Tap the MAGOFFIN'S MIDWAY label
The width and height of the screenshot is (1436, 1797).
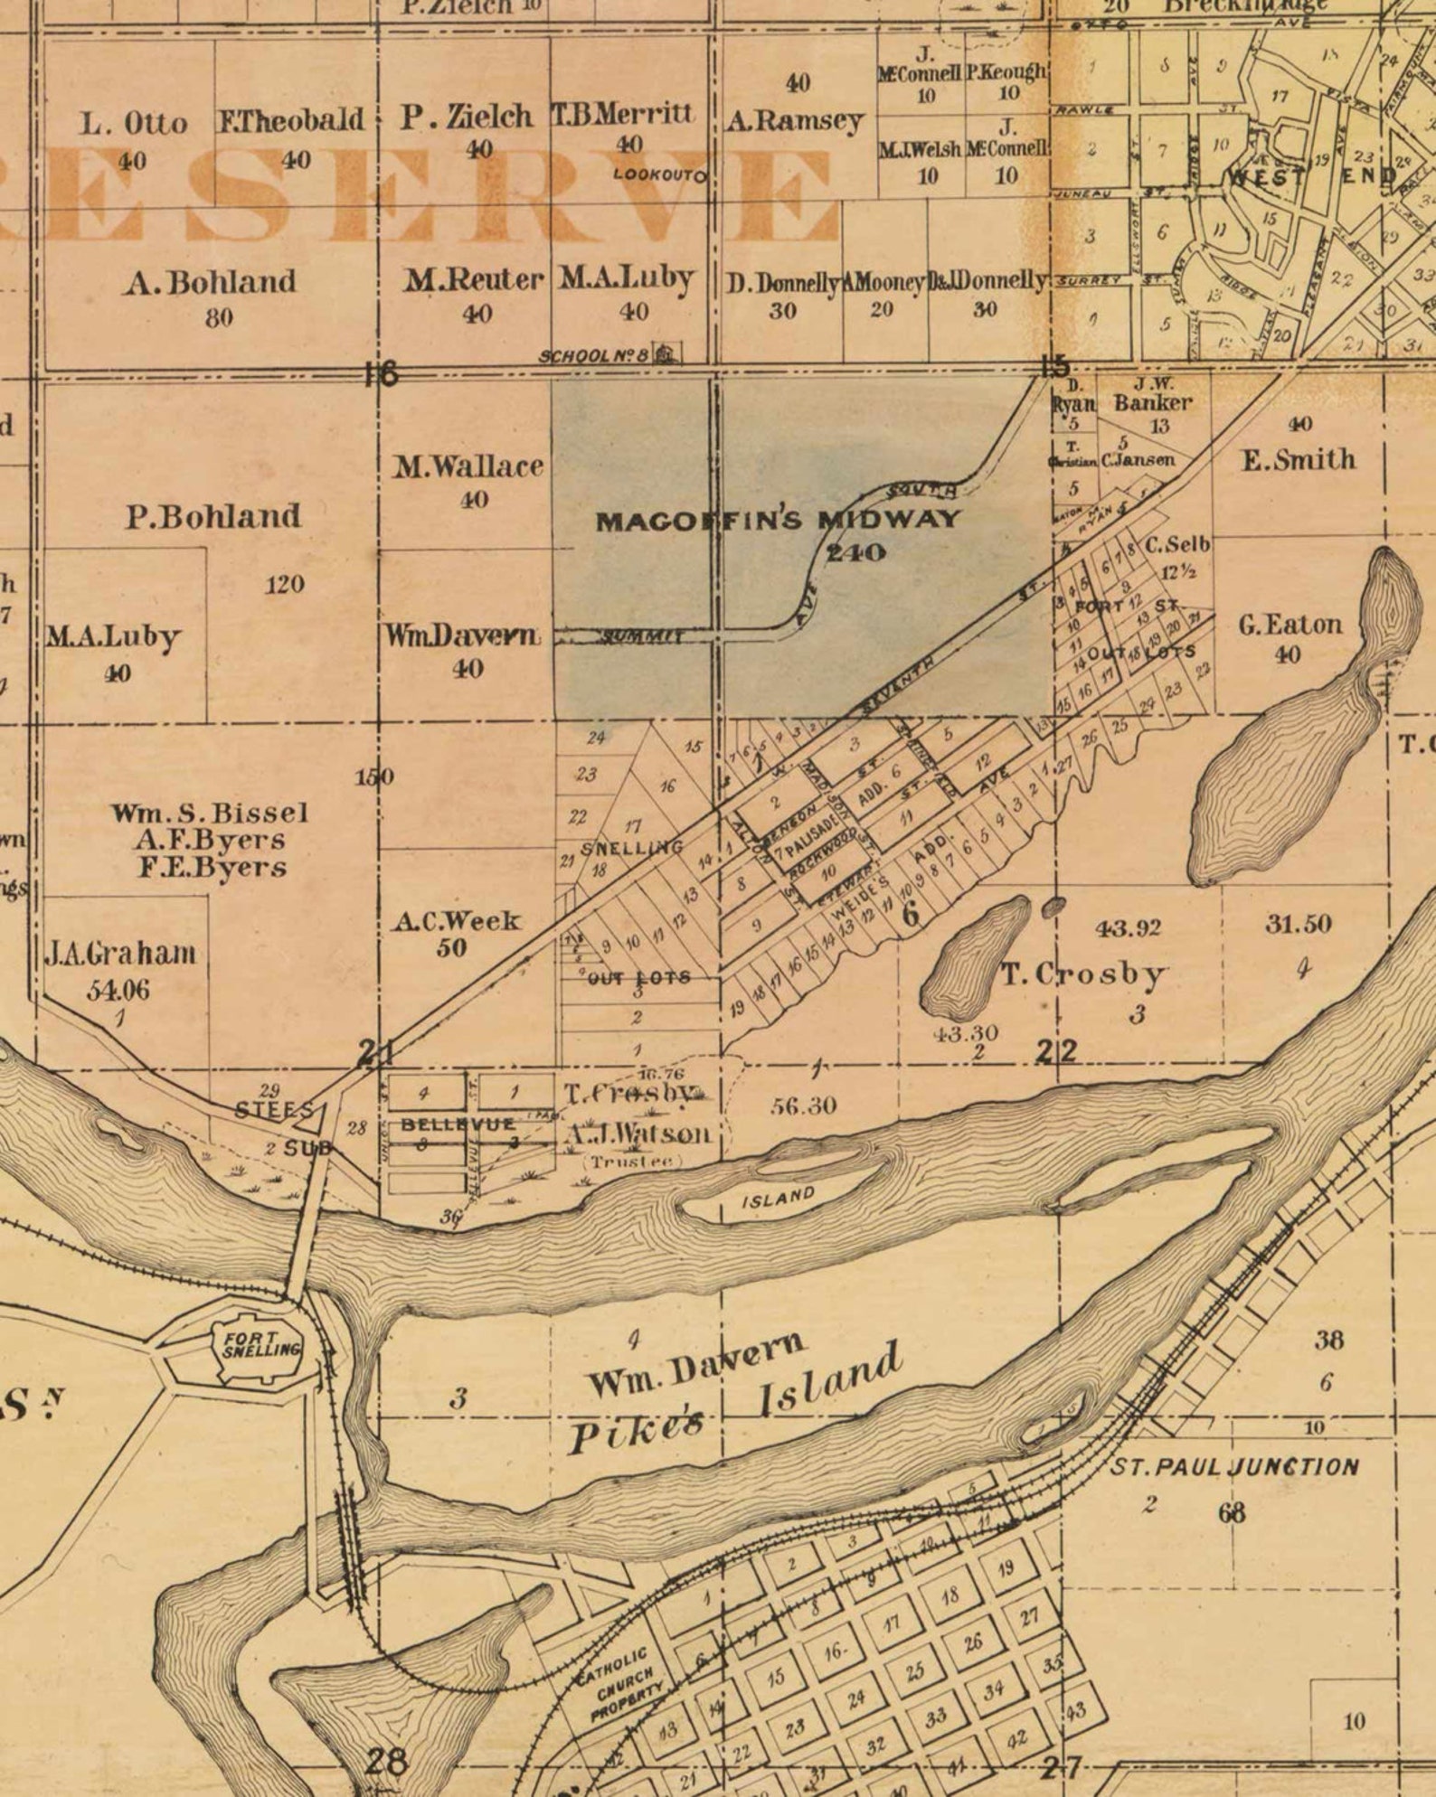click(x=778, y=520)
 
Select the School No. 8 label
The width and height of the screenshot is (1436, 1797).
click(x=594, y=356)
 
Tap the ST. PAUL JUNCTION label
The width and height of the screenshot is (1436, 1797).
click(x=1233, y=1467)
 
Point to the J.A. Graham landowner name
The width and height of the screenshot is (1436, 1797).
click(x=119, y=954)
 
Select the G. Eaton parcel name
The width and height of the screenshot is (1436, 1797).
click(x=1290, y=625)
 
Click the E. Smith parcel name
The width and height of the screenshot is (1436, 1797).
click(x=1299, y=459)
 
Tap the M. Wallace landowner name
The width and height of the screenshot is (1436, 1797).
click(x=468, y=466)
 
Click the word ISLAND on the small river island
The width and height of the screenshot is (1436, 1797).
click(x=778, y=1199)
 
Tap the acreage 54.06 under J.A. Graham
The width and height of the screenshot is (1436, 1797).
click(x=118, y=990)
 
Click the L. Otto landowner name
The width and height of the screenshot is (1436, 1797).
click(x=134, y=123)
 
